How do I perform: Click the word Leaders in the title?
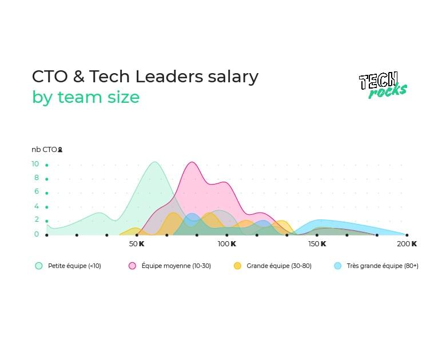click(x=169, y=77)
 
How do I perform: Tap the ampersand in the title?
click(x=79, y=77)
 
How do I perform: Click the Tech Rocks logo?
click(x=383, y=85)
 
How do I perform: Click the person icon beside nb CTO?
click(x=60, y=150)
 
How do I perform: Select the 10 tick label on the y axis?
click(x=35, y=164)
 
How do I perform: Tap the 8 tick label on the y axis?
click(x=37, y=178)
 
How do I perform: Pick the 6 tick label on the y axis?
click(x=37, y=191)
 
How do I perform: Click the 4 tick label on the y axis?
click(x=37, y=206)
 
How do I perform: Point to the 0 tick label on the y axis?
click(x=37, y=234)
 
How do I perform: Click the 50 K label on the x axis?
click(x=137, y=244)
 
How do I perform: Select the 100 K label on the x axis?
click(x=227, y=244)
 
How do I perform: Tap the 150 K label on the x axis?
click(x=317, y=244)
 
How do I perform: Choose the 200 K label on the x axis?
click(x=407, y=244)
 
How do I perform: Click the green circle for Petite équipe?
click(x=39, y=266)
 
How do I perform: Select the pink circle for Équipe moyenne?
click(x=132, y=266)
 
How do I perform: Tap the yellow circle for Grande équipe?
click(x=237, y=266)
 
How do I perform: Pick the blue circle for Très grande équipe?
click(x=338, y=266)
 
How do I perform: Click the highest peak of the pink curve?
click(x=192, y=162)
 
